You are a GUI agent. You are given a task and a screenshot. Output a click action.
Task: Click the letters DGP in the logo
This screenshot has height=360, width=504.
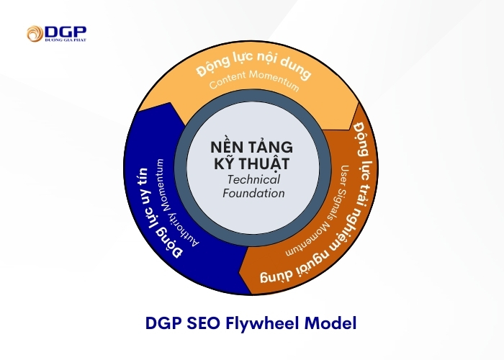tap(66, 32)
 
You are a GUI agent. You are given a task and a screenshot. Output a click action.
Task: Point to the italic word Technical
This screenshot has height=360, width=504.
tap(253, 179)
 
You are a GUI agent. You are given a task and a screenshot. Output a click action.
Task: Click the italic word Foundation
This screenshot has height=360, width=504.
tap(253, 193)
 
